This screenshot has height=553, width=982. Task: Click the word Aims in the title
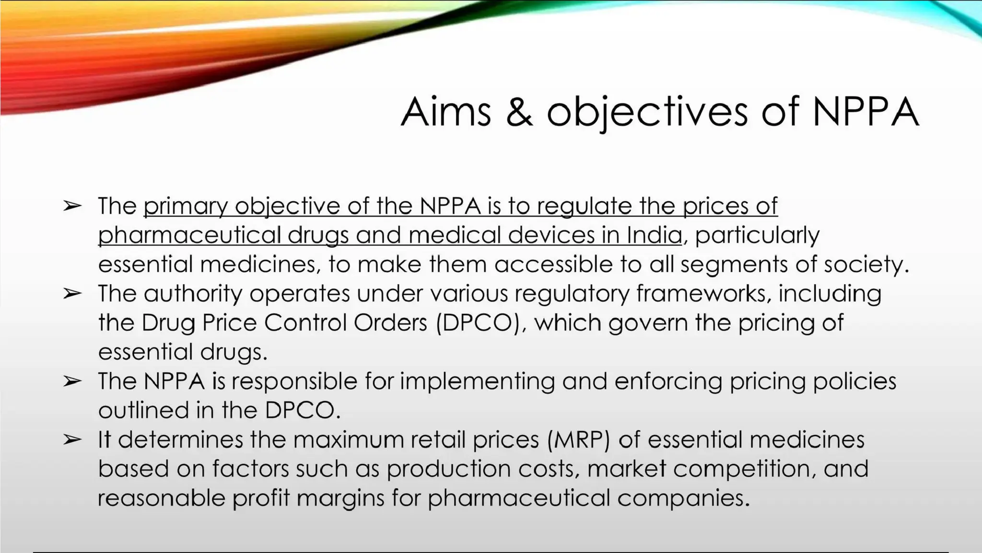pyautogui.click(x=446, y=112)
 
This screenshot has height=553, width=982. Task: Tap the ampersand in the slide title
pyautogui.click(x=519, y=112)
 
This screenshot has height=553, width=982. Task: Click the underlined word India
pyautogui.click(x=654, y=235)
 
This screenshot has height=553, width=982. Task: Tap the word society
pyautogui.click(x=865, y=265)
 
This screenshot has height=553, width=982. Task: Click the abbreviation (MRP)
pyautogui.click(x=579, y=440)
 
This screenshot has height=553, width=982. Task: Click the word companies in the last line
pyautogui.click(x=683, y=498)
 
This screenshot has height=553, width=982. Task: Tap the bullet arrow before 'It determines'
pyautogui.click(x=72, y=439)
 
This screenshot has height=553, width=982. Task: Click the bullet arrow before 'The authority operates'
pyautogui.click(x=72, y=293)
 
